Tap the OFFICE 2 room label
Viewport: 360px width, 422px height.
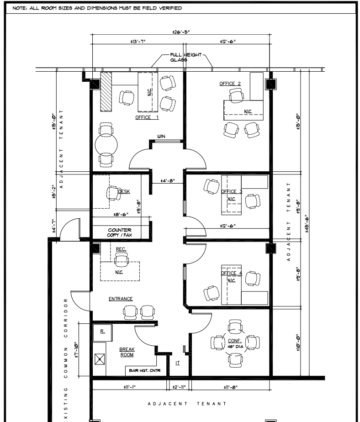230,84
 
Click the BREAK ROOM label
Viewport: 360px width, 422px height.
127,352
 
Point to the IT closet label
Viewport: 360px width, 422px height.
177,363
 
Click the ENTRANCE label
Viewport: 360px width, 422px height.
121,299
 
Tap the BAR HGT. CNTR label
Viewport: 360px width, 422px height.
143,371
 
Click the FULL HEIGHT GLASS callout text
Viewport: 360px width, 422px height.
183,57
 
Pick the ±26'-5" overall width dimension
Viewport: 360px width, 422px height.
181,32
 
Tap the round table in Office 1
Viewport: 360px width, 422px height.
106,145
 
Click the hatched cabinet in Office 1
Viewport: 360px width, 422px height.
106,91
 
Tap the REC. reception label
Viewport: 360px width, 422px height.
121,249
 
